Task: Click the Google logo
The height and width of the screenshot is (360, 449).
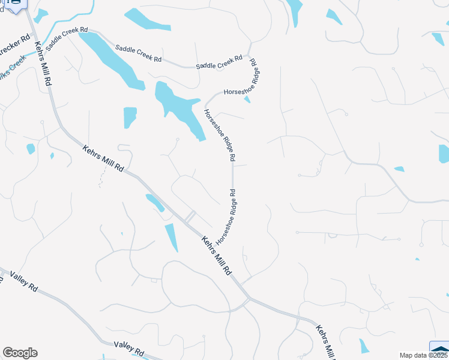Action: point(20,353)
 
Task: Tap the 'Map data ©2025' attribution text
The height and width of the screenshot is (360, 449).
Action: point(424,355)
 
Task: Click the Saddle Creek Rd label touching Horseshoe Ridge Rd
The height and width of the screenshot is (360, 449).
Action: point(219,62)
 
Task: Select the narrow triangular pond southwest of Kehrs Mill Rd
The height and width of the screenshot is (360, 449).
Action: point(172,238)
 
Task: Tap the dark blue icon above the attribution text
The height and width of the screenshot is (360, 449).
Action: point(440,349)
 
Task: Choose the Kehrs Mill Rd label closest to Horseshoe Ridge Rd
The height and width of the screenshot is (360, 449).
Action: point(216,254)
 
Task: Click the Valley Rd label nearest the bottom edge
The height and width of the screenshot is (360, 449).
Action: point(129,348)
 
